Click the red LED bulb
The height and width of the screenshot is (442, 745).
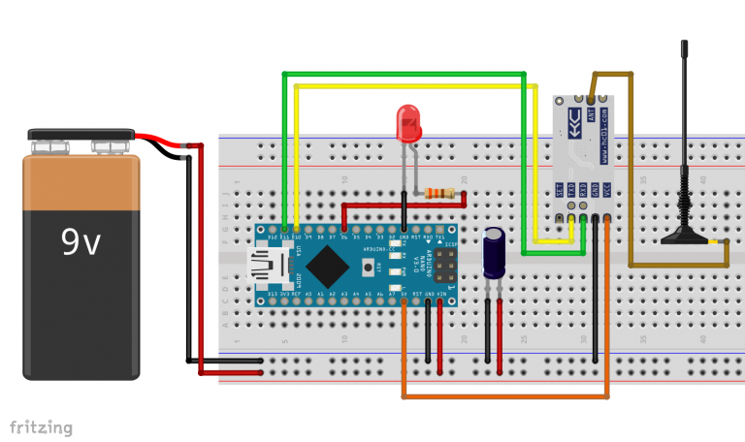(409, 125)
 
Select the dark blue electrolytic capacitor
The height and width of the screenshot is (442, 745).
(496, 254)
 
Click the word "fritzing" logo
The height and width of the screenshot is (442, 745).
(41, 426)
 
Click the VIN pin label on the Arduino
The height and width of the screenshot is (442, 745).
(441, 293)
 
